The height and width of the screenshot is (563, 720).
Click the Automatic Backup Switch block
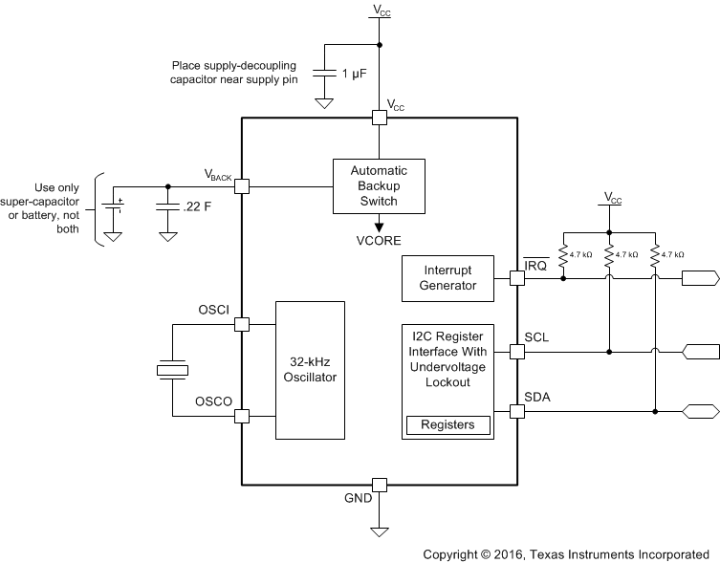coord(378,184)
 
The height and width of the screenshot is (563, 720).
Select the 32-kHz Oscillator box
coord(310,370)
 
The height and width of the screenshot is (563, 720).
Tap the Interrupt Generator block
coord(448,278)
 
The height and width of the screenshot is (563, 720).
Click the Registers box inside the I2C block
coord(448,424)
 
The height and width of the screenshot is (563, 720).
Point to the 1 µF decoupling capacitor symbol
coord(325,74)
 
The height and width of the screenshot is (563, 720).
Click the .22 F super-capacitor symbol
coord(168,207)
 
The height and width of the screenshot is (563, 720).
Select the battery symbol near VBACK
coord(114,207)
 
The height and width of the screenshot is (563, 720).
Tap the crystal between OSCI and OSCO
coord(173,371)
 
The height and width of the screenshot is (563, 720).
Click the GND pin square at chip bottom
coord(379,485)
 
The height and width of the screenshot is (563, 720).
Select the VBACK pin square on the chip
coord(242,186)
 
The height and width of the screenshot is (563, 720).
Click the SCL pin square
coord(516,352)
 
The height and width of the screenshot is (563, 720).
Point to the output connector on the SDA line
coord(700,412)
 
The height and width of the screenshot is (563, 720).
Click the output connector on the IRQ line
coord(700,279)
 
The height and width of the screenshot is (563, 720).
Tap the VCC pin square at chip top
coord(379,118)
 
